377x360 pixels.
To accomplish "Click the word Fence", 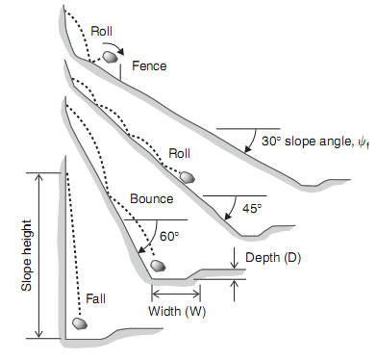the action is pyautogui.click(x=149, y=66).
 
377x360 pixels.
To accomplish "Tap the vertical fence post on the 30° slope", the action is pyautogui.click(x=120, y=72).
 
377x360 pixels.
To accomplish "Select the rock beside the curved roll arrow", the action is pyautogui.click(x=110, y=57).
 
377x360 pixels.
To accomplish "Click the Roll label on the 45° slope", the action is pyautogui.click(x=179, y=153).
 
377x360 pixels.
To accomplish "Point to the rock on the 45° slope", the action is pyautogui.click(x=188, y=177).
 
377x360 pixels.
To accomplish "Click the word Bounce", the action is pyautogui.click(x=152, y=199).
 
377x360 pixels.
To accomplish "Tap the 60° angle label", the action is pyautogui.click(x=169, y=237).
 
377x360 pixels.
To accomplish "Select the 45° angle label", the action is pyautogui.click(x=252, y=209).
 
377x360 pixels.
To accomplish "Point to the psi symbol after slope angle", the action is pyautogui.click(x=364, y=142).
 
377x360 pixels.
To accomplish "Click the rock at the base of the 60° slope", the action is pyautogui.click(x=158, y=266).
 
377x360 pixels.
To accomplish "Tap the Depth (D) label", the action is pyautogui.click(x=273, y=258).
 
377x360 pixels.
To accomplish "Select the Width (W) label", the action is pyautogui.click(x=177, y=311).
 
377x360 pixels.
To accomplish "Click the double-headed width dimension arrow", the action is pyautogui.click(x=176, y=294).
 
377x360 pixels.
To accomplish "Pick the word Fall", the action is pyautogui.click(x=95, y=299).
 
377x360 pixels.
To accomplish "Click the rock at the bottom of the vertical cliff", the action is pyautogui.click(x=80, y=323).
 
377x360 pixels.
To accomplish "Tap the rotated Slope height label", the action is pyautogui.click(x=27, y=255).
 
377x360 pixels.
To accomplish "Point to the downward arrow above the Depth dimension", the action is pyautogui.click(x=235, y=258).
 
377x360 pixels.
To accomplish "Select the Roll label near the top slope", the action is pyautogui.click(x=102, y=31).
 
